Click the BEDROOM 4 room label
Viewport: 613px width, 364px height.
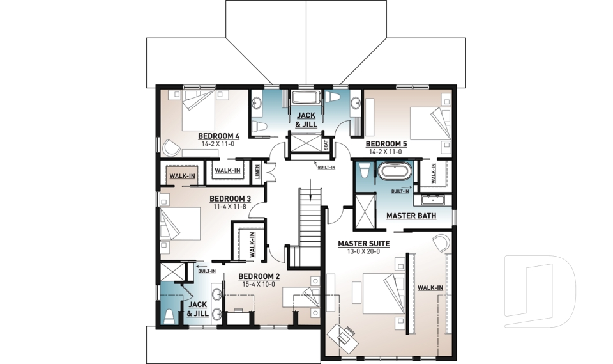coord(218,136)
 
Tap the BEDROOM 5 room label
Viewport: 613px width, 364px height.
coord(386,145)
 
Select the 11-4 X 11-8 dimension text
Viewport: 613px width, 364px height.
coord(230,207)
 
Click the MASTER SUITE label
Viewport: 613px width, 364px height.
coord(363,244)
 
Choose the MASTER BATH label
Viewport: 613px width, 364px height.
coord(411,216)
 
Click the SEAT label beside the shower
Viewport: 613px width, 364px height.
coord(326,145)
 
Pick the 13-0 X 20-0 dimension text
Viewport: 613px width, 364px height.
coord(363,251)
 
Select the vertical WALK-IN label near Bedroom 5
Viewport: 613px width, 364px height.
coord(434,173)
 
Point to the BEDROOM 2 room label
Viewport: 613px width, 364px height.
coord(259,276)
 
